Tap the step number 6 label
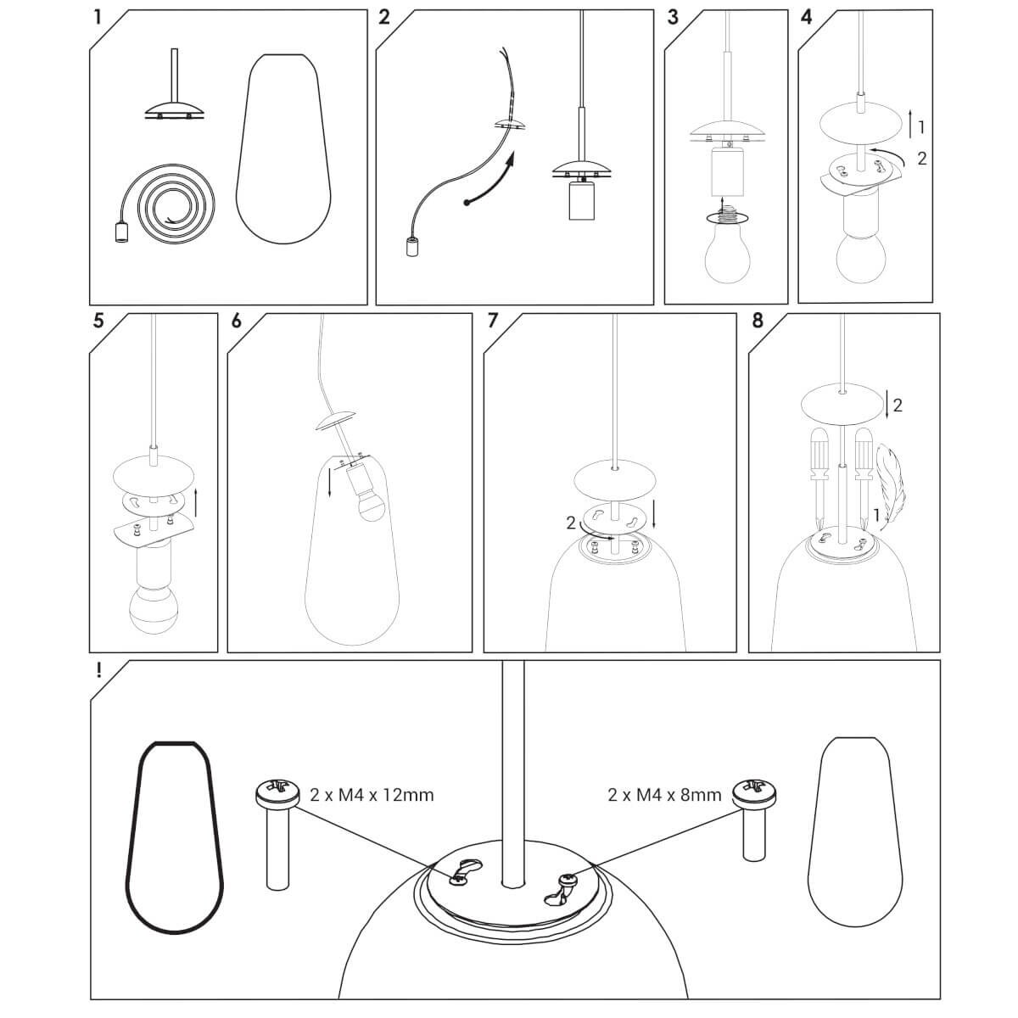pos(236,321)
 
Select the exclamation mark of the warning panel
pos(98,670)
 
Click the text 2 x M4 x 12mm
pos(372,810)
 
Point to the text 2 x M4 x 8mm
pos(664,809)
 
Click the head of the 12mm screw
pos(278,793)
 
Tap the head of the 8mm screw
pos(754,793)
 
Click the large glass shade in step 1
pos(284,148)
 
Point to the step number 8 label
pos(758,321)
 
